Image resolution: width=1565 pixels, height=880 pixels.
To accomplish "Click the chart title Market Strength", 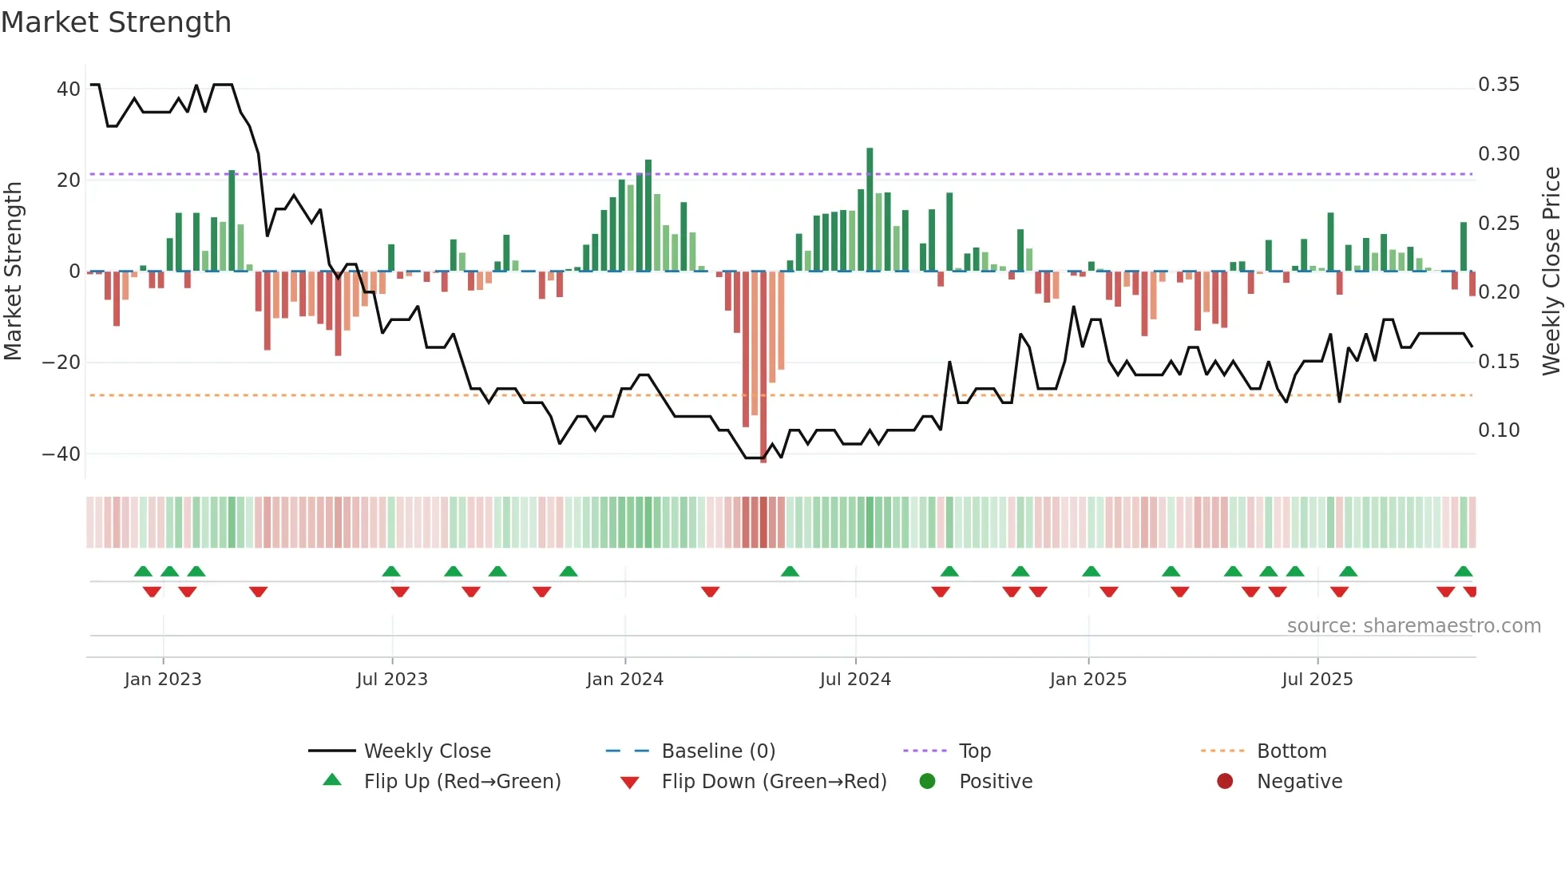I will coord(116,22).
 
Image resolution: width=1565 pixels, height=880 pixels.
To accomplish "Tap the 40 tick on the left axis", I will coord(68,89).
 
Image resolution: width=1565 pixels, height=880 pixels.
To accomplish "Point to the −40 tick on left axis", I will coord(61,454).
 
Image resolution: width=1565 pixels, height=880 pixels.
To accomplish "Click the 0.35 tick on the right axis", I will coord(1498,85).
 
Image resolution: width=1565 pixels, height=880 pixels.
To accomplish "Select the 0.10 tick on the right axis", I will coord(1498,430).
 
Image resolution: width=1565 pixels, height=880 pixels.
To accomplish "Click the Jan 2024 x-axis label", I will coord(624,680).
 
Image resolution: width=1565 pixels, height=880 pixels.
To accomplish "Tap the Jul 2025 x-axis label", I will coord(1317,680).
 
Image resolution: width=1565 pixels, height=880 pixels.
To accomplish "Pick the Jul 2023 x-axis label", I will coord(391,680).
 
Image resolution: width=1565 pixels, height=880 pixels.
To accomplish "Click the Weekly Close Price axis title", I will coord(1550,271).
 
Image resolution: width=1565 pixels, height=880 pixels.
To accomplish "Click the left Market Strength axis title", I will coord(13,271).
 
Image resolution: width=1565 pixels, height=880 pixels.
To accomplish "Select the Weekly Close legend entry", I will coord(426,751).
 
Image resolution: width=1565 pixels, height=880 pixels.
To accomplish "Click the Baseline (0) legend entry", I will coord(718,751).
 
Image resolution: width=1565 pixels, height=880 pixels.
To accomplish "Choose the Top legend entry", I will coord(974,751).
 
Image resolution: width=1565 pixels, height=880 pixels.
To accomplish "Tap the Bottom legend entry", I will coord(1291,751).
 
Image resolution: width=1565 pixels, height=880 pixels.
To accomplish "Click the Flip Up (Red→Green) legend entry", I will coord(462,782).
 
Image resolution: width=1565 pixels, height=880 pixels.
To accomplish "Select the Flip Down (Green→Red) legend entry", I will coord(773,782).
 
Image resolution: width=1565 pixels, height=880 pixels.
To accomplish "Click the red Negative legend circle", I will coord(1225,782).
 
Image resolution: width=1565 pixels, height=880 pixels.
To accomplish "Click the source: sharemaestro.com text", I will coord(1413,626).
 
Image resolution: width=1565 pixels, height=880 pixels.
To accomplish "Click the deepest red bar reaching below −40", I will coord(763,367).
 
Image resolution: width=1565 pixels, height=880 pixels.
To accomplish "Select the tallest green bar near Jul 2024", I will coord(870,209).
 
